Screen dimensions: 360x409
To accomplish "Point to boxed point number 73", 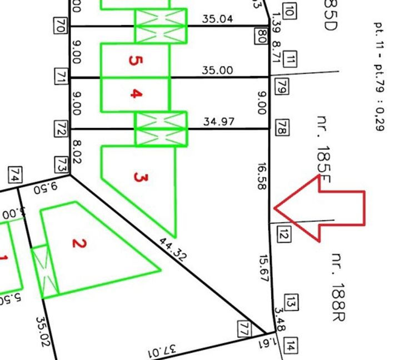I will coord(61,164).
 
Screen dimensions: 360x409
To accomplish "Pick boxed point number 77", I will coord(243,327).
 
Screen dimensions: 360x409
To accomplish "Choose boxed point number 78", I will coord(281,129).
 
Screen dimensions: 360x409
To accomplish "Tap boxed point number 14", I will coord(290,346).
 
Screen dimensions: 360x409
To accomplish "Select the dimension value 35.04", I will coord(217,19).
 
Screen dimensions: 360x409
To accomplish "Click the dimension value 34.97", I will coord(218,121).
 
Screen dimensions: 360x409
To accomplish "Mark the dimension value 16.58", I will coord(261,176).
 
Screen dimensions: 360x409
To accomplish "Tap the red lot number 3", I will coord(141,178).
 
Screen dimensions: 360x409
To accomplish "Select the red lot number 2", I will coord(79,243).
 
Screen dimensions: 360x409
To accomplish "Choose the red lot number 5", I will coord(133,60).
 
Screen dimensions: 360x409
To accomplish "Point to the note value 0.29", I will coord(380,121).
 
